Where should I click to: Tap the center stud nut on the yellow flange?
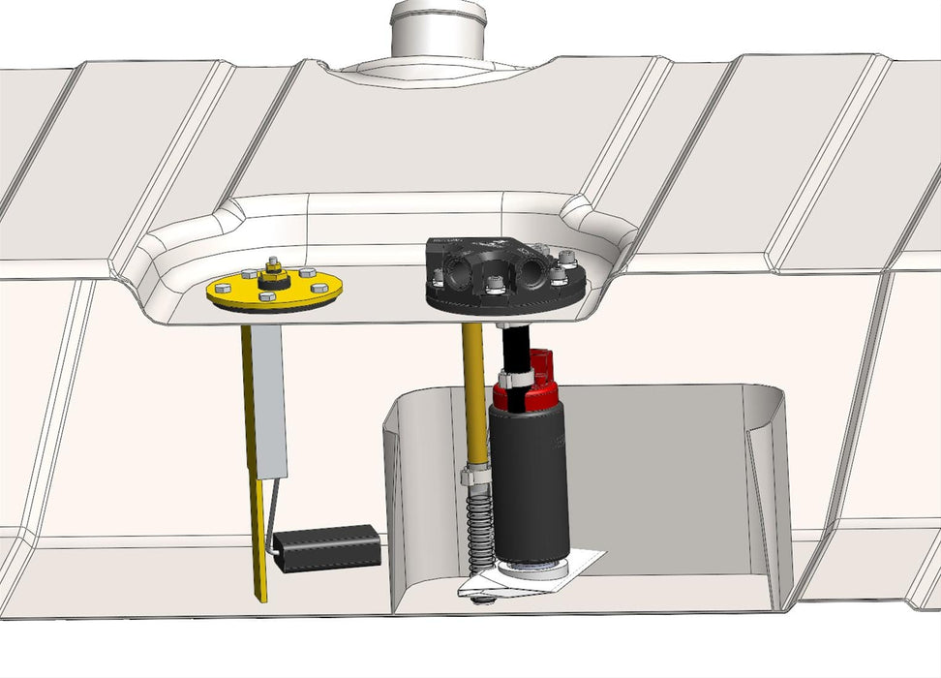(272, 275)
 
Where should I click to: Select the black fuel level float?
(325, 548)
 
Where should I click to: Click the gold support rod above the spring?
(473, 397)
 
